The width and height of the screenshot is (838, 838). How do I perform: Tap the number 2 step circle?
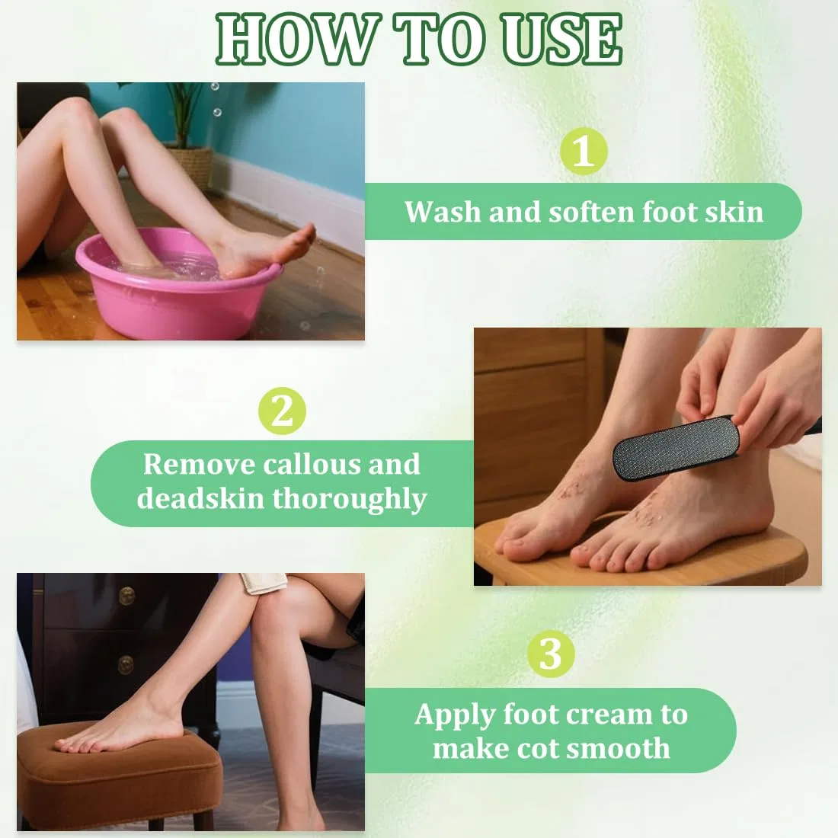click(282, 411)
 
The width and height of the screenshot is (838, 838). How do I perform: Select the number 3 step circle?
click(551, 654)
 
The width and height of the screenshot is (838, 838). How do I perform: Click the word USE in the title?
click(561, 40)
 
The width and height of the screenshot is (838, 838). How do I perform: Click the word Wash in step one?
click(443, 212)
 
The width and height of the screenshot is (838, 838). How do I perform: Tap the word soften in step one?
click(592, 213)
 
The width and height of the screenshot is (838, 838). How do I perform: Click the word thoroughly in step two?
click(350, 499)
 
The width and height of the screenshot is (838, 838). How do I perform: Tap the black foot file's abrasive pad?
click(674, 449)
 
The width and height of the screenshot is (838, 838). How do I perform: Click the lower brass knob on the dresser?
click(126, 664)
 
